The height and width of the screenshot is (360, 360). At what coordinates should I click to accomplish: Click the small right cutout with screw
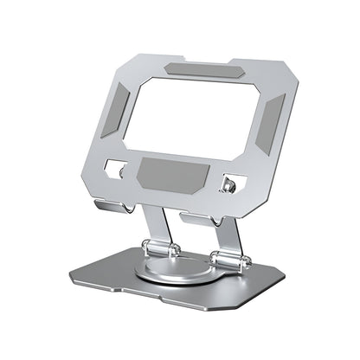(231, 183)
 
